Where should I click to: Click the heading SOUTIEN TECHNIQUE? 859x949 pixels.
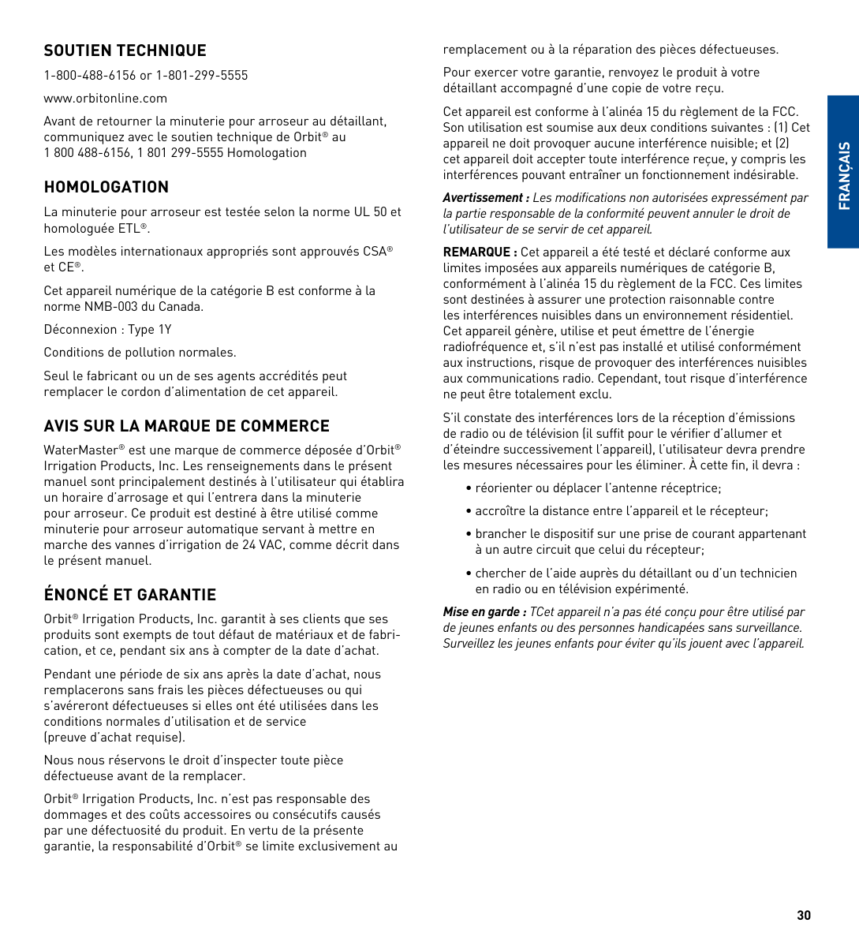pos(125,50)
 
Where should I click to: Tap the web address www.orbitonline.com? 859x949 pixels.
pos(105,99)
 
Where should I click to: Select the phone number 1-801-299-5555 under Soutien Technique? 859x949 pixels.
pos(202,76)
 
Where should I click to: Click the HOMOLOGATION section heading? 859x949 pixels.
pos(106,187)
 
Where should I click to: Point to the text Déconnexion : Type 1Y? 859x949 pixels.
pos(107,330)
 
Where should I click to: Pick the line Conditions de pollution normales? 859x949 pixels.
pos(140,353)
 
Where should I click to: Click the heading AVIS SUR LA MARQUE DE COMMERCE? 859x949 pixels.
pos(186,426)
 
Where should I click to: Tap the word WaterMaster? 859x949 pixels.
pos(80,450)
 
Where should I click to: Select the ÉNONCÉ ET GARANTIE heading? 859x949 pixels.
pos(129,595)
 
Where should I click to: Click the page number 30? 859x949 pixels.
pos(803,915)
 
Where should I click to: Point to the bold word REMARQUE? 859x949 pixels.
pos(476,252)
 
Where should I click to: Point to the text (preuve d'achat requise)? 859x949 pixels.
pos(114,738)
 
